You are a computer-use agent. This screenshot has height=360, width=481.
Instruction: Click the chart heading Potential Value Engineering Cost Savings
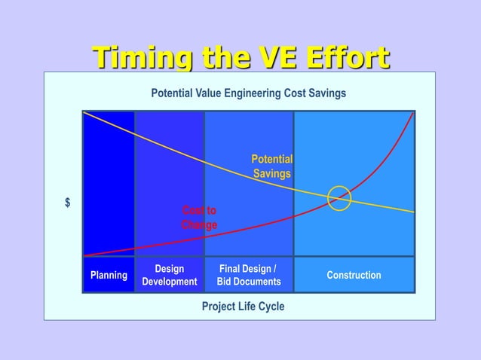pos(249,93)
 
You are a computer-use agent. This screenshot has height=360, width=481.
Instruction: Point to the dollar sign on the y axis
pos(68,203)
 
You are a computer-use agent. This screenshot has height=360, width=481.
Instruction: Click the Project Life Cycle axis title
pos(243,307)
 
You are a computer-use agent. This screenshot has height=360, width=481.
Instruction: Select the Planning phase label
pos(109,275)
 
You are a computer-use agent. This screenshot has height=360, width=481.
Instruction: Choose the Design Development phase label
pos(169,275)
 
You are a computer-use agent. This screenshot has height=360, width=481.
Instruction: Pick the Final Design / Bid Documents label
pos(248,275)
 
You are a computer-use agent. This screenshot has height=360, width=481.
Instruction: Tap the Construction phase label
pos(354,275)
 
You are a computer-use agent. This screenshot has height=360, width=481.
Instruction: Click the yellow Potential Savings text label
pos(271,166)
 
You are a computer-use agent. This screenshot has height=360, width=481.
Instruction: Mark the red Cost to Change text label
pos(199,218)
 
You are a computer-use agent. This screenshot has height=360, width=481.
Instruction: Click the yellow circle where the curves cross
pos(339,198)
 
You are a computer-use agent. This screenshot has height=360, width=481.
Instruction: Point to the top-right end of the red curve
pos(412,114)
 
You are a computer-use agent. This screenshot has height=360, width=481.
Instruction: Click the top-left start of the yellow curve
pos(85,113)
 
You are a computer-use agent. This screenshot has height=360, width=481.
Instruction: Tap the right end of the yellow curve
pos(412,212)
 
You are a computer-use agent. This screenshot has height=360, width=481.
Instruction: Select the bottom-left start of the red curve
pos(85,255)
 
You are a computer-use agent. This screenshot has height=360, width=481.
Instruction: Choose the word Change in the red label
pos(199,225)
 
